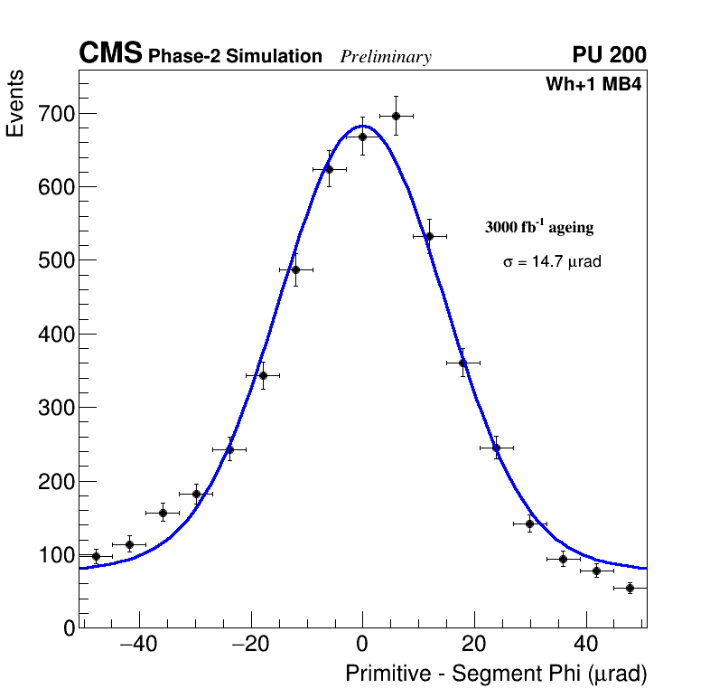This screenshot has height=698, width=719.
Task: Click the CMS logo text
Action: coord(110,54)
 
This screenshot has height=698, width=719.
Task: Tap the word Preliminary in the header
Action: coord(386,57)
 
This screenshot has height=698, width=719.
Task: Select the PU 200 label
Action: coord(609,55)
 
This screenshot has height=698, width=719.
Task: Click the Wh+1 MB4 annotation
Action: coord(593,84)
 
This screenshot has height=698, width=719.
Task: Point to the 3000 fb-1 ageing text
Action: coord(539,227)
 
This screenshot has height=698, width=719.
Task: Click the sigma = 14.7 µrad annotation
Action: coord(552,261)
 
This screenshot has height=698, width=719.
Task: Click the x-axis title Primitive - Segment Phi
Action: coord(496,674)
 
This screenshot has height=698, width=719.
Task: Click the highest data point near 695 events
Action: coord(396,116)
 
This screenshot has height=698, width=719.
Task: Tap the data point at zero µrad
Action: coord(362,137)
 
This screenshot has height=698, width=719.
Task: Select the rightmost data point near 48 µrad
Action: coord(630,588)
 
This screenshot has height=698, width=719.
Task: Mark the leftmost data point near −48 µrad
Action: coord(96,556)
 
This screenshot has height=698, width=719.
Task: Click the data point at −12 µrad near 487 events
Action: coord(295,269)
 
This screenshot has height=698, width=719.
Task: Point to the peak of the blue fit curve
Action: coord(362,126)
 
